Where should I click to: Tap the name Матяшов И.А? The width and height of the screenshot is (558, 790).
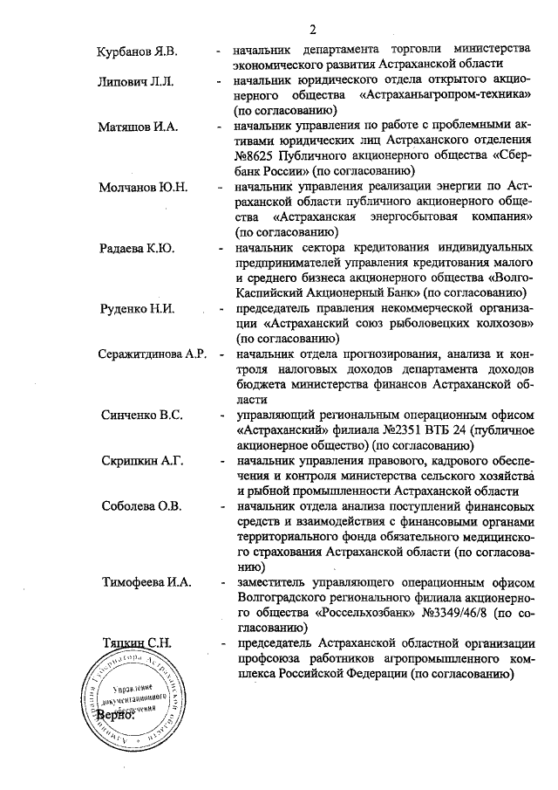point(138,127)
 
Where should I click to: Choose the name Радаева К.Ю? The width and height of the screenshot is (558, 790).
point(137,249)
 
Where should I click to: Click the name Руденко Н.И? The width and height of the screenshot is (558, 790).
point(138,309)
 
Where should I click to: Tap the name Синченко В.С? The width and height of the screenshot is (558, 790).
point(141,415)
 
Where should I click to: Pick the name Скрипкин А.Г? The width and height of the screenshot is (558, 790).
point(141,460)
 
